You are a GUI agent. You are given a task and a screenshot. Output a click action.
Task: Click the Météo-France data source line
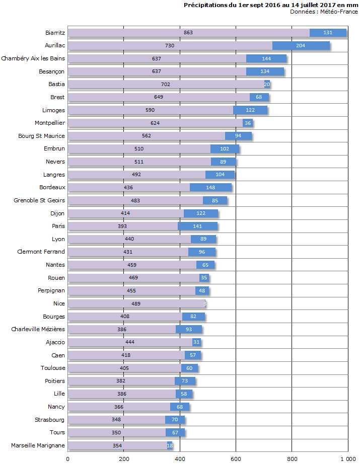(324, 12)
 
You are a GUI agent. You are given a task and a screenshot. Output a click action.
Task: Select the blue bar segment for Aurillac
(301, 46)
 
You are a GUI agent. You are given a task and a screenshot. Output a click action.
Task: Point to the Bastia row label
(56, 84)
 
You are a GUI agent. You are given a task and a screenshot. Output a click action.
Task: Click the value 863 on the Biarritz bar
(188, 33)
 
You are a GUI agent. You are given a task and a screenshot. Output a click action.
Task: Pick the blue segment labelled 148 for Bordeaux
(210, 187)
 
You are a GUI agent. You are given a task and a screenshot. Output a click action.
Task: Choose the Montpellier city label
(50, 123)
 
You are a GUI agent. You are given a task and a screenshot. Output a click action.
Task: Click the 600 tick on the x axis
(236, 458)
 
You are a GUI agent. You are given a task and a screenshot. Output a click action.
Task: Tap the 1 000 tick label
(347, 458)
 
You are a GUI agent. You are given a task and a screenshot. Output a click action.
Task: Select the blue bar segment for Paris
(197, 226)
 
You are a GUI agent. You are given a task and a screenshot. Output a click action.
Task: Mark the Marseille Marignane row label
(38, 445)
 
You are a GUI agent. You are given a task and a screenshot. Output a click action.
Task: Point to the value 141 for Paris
(197, 226)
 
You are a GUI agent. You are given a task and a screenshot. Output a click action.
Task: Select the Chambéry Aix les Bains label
(33, 58)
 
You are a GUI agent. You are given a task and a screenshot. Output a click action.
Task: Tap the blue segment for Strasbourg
(175, 420)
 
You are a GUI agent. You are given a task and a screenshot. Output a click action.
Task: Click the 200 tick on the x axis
(124, 458)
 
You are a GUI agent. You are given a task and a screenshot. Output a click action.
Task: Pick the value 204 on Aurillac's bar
(301, 46)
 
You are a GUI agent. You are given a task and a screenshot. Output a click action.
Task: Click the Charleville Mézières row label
(38, 329)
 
